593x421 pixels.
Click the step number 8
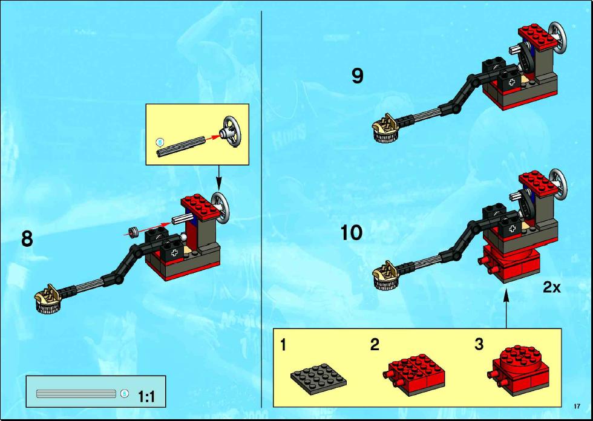click(27, 239)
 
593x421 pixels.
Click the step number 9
click(358, 76)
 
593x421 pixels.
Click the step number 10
click(352, 233)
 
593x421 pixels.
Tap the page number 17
click(577, 406)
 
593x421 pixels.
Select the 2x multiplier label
click(552, 287)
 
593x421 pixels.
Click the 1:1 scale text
click(146, 397)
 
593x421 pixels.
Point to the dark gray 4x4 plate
click(318, 378)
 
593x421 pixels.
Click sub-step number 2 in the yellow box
click(375, 344)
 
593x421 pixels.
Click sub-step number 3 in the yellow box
click(479, 344)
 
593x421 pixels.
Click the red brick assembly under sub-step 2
click(414, 374)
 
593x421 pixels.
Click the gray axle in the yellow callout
click(181, 146)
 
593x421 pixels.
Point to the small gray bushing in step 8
click(133, 231)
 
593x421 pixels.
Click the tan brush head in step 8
click(48, 299)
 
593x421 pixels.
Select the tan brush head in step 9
click(386, 128)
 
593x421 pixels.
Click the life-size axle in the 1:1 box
click(76, 394)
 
